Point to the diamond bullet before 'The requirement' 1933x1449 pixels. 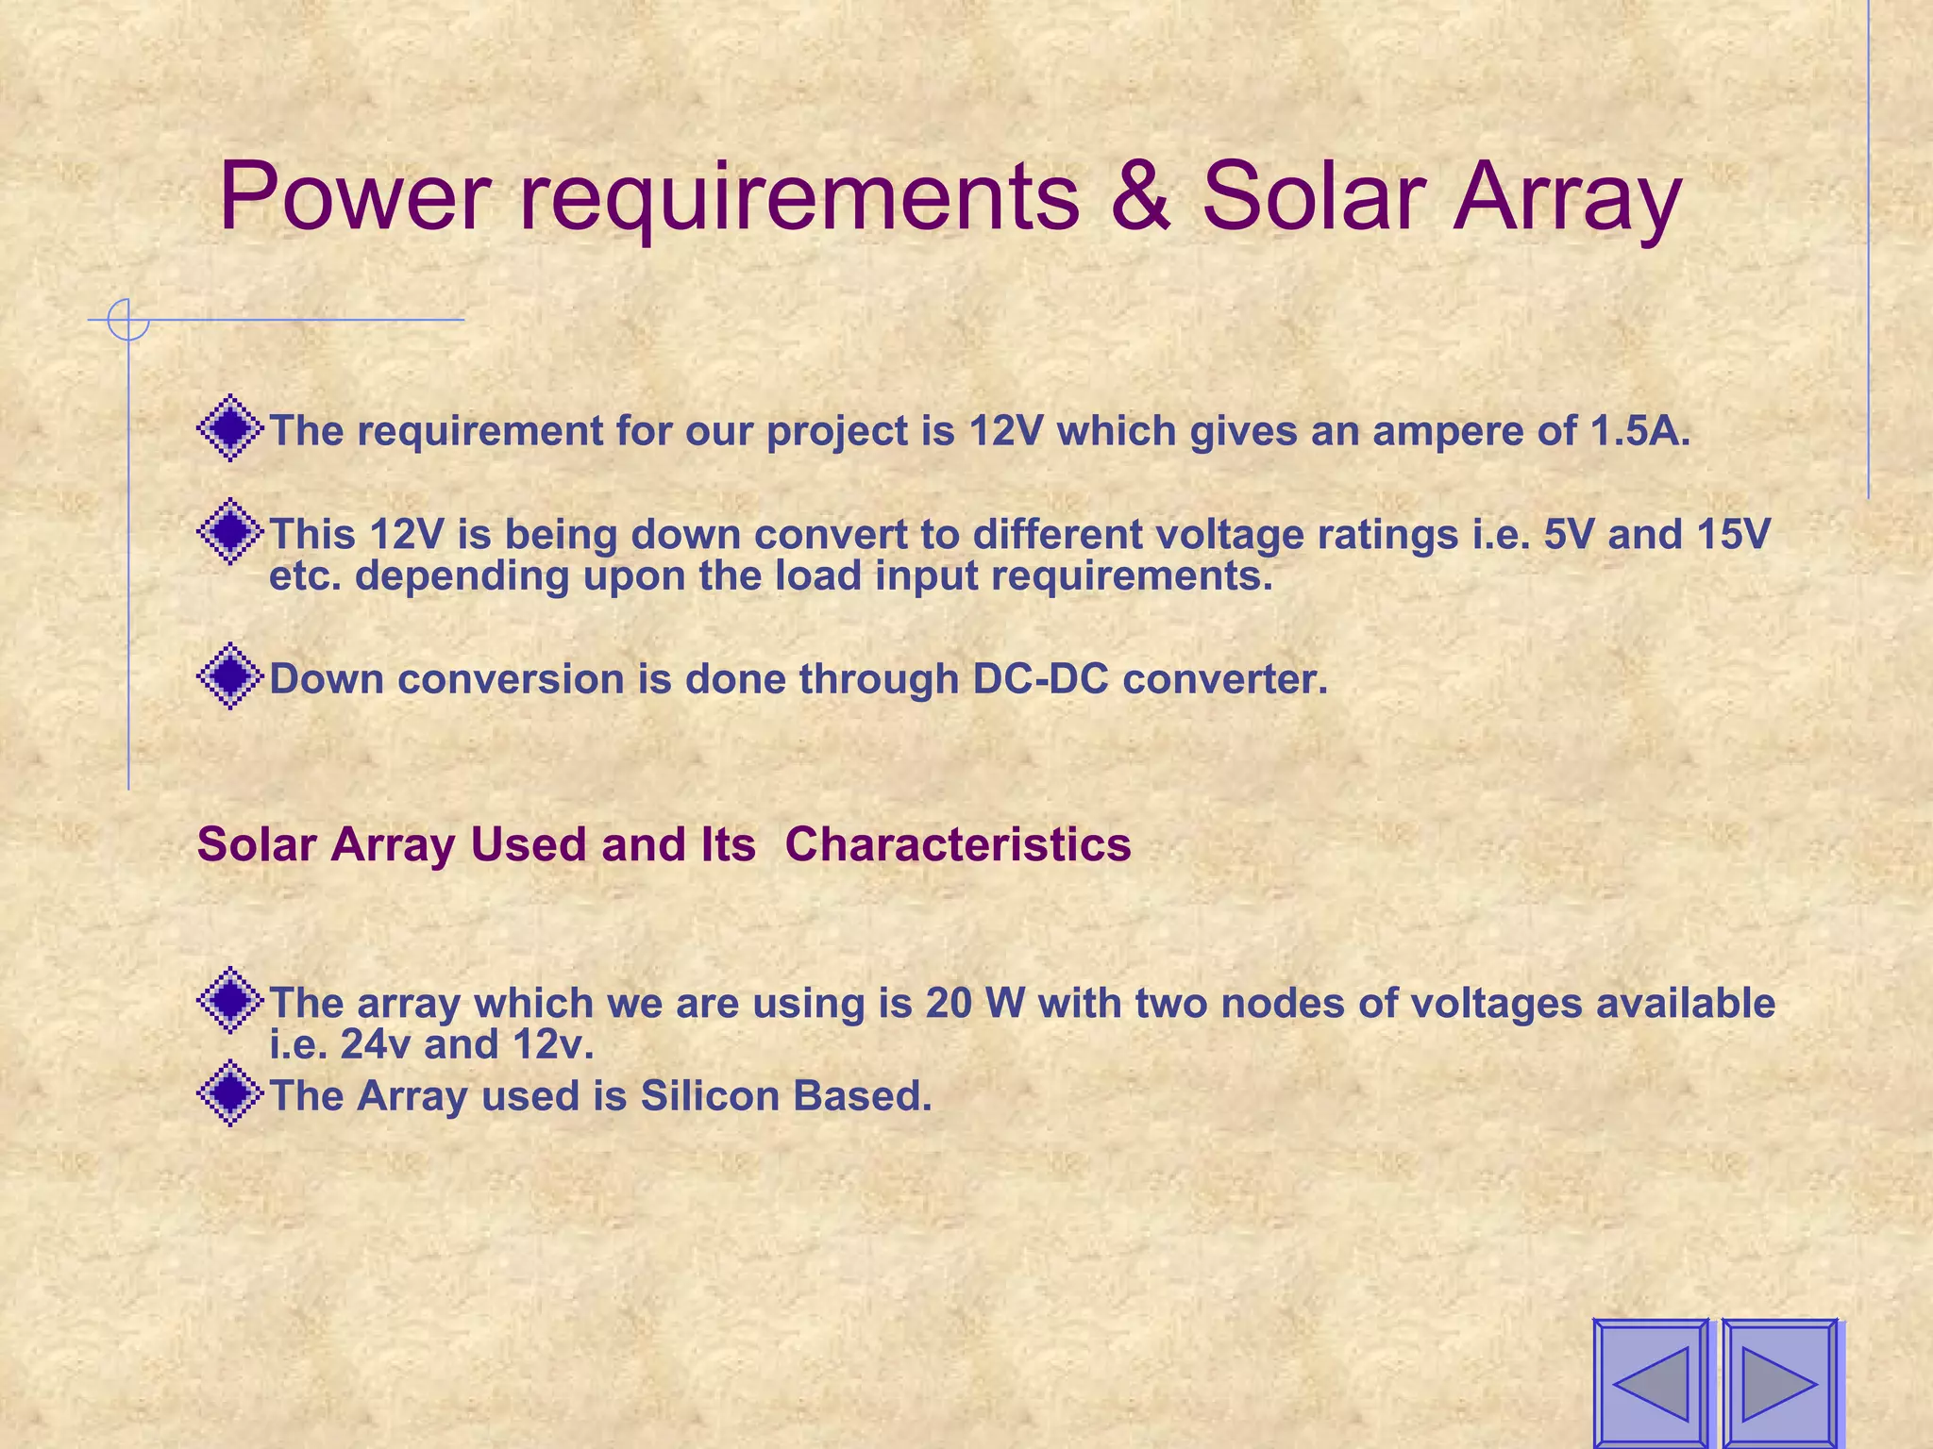tap(229, 429)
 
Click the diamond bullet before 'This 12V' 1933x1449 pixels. tap(229, 532)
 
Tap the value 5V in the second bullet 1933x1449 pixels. tap(1569, 534)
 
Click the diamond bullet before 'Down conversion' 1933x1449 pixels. tap(229, 676)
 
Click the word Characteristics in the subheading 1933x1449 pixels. tap(957, 844)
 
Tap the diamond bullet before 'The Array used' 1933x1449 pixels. tap(229, 1093)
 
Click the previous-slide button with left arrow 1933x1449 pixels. tap(1650, 1383)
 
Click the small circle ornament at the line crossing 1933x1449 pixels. tap(128, 320)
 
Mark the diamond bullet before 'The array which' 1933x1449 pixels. tap(229, 1000)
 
